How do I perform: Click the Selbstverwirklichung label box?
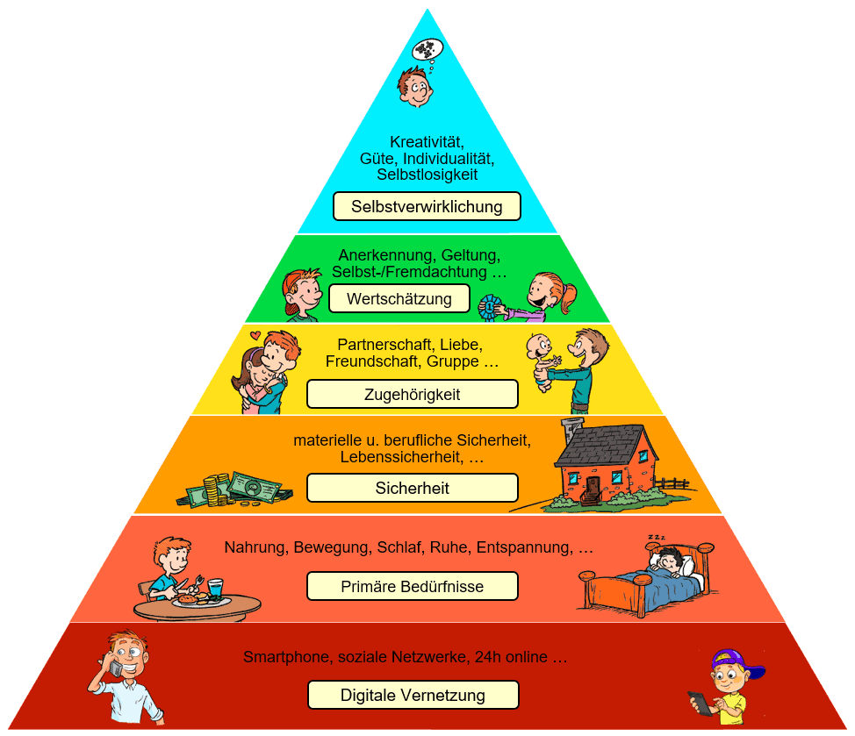coord(427,207)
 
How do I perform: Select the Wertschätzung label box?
coord(399,299)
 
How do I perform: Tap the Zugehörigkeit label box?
coord(412,395)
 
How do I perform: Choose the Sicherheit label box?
coord(412,488)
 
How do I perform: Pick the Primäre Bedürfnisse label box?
coord(412,586)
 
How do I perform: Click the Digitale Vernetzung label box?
coord(413,696)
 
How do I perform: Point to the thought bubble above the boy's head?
coord(427,49)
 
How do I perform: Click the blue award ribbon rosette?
coord(489,306)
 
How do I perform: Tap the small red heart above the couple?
coord(255,335)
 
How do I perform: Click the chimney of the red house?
coord(572,431)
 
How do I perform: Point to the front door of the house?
coord(593,487)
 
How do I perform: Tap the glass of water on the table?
coord(216,586)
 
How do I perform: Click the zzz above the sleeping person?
coord(657,536)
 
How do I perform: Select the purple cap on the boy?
coord(734,661)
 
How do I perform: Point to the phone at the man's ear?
coord(116,668)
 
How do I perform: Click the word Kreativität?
coord(427,141)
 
